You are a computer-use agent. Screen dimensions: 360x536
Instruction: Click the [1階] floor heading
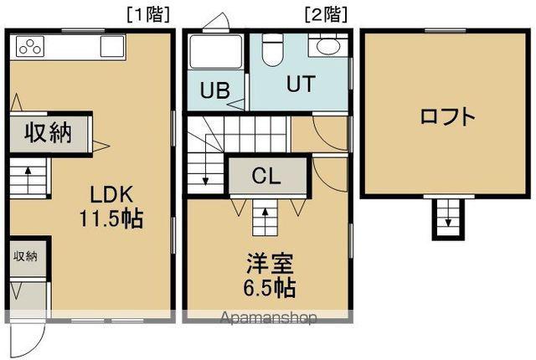pyautogui.click(x=147, y=13)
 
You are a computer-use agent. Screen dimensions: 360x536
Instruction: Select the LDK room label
pyautogui.click(x=111, y=195)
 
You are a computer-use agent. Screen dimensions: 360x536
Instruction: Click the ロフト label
pyautogui.click(x=447, y=116)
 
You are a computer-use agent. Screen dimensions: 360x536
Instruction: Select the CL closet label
pyautogui.click(x=267, y=177)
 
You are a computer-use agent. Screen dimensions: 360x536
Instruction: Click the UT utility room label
pyautogui.click(x=301, y=85)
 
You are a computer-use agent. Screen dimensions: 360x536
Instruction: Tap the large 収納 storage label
pyautogui.click(x=47, y=132)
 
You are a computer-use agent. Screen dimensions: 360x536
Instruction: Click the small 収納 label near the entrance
pyautogui.click(x=25, y=257)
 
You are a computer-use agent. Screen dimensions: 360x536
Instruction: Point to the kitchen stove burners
pyautogui.click(x=29, y=48)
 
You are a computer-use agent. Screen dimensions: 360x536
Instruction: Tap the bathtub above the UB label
pyautogui.click(x=214, y=54)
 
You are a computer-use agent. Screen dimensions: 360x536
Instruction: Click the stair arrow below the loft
pyautogui.click(x=447, y=219)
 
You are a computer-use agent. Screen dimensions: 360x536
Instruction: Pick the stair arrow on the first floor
pyautogui.click(x=29, y=178)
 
